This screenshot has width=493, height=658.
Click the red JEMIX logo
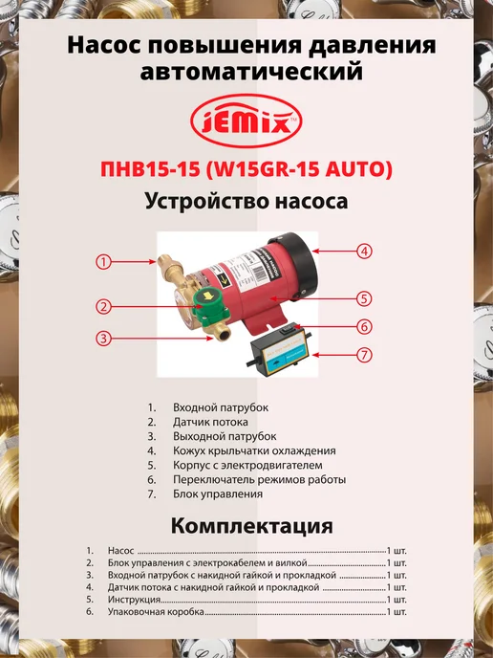[246, 121]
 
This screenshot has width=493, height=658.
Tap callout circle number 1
[103, 262]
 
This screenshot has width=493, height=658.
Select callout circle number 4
[364, 252]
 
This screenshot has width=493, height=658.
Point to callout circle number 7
[364, 355]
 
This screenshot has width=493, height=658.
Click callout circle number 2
[103, 306]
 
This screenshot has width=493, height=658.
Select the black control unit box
[280, 351]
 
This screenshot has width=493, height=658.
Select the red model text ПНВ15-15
[150, 169]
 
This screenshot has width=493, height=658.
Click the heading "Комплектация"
[252, 526]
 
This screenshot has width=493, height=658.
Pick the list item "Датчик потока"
[210, 422]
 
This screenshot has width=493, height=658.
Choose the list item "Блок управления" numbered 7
[218, 493]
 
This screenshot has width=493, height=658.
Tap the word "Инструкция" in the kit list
[134, 600]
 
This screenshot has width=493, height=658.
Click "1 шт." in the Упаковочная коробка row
[397, 611]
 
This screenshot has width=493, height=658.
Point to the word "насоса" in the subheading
[311, 202]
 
